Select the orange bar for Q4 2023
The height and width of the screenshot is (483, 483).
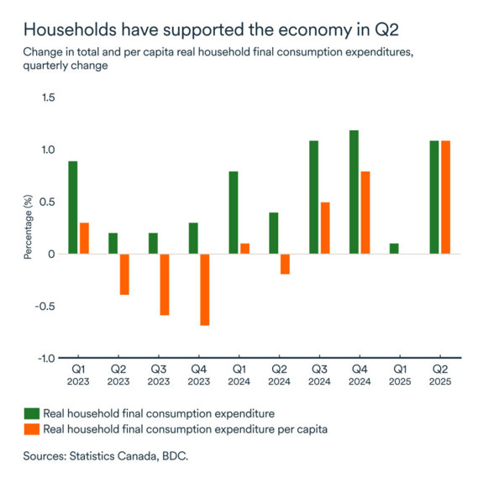[204, 290]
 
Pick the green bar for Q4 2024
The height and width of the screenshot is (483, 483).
[354, 192]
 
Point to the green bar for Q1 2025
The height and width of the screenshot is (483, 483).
[394, 249]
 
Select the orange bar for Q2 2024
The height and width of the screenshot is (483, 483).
[285, 264]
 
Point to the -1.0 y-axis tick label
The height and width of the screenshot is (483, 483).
[45, 358]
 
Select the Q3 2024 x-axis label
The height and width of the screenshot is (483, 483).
[319, 375]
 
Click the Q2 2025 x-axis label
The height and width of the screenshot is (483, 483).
[440, 375]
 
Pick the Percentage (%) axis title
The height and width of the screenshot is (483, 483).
[28, 228]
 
